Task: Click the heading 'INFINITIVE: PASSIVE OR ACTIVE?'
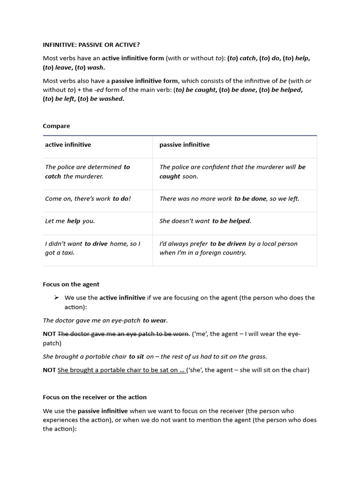[x=91, y=45]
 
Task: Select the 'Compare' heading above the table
[x=56, y=126]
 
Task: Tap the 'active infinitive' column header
[x=68, y=145]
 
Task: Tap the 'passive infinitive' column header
[x=184, y=145]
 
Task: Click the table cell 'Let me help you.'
[x=70, y=221]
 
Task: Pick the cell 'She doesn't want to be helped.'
[x=205, y=221]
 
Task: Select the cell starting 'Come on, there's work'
[x=88, y=199]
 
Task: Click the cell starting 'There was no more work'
[x=229, y=199]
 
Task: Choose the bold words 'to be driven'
[x=228, y=244]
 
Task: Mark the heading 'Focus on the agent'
[x=71, y=284]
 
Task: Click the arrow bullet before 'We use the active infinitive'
[x=56, y=298]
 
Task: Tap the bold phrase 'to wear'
[x=155, y=321]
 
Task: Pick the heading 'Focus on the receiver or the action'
[x=95, y=397]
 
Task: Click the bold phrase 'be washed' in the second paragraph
[x=111, y=99]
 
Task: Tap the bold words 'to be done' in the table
[x=250, y=199]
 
